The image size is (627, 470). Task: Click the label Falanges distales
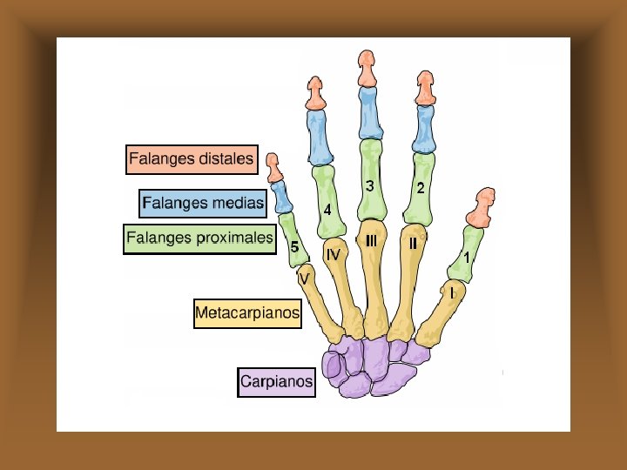point(192,159)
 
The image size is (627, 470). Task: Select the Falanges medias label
point(202,204)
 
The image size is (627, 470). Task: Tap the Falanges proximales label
point(199,238)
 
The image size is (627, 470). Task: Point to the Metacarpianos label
point(247,312)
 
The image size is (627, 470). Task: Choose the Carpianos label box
point(276,381)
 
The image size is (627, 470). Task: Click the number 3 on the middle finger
point(370,186)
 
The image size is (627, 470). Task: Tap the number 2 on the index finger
point(421,188)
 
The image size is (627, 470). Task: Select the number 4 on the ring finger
point(327,211)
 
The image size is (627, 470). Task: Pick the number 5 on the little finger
point(295,248)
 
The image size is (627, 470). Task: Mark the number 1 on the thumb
point(468,258)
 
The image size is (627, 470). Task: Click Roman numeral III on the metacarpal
point(371,241)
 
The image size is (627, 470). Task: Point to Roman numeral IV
point(333,254)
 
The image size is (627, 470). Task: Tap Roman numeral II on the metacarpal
point(414,245)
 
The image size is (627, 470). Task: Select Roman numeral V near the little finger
point(304,278)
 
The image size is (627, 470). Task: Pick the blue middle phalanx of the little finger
point(281,197)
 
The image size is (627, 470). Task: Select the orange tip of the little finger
point(273,166)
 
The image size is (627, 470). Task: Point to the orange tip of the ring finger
point(315,93)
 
